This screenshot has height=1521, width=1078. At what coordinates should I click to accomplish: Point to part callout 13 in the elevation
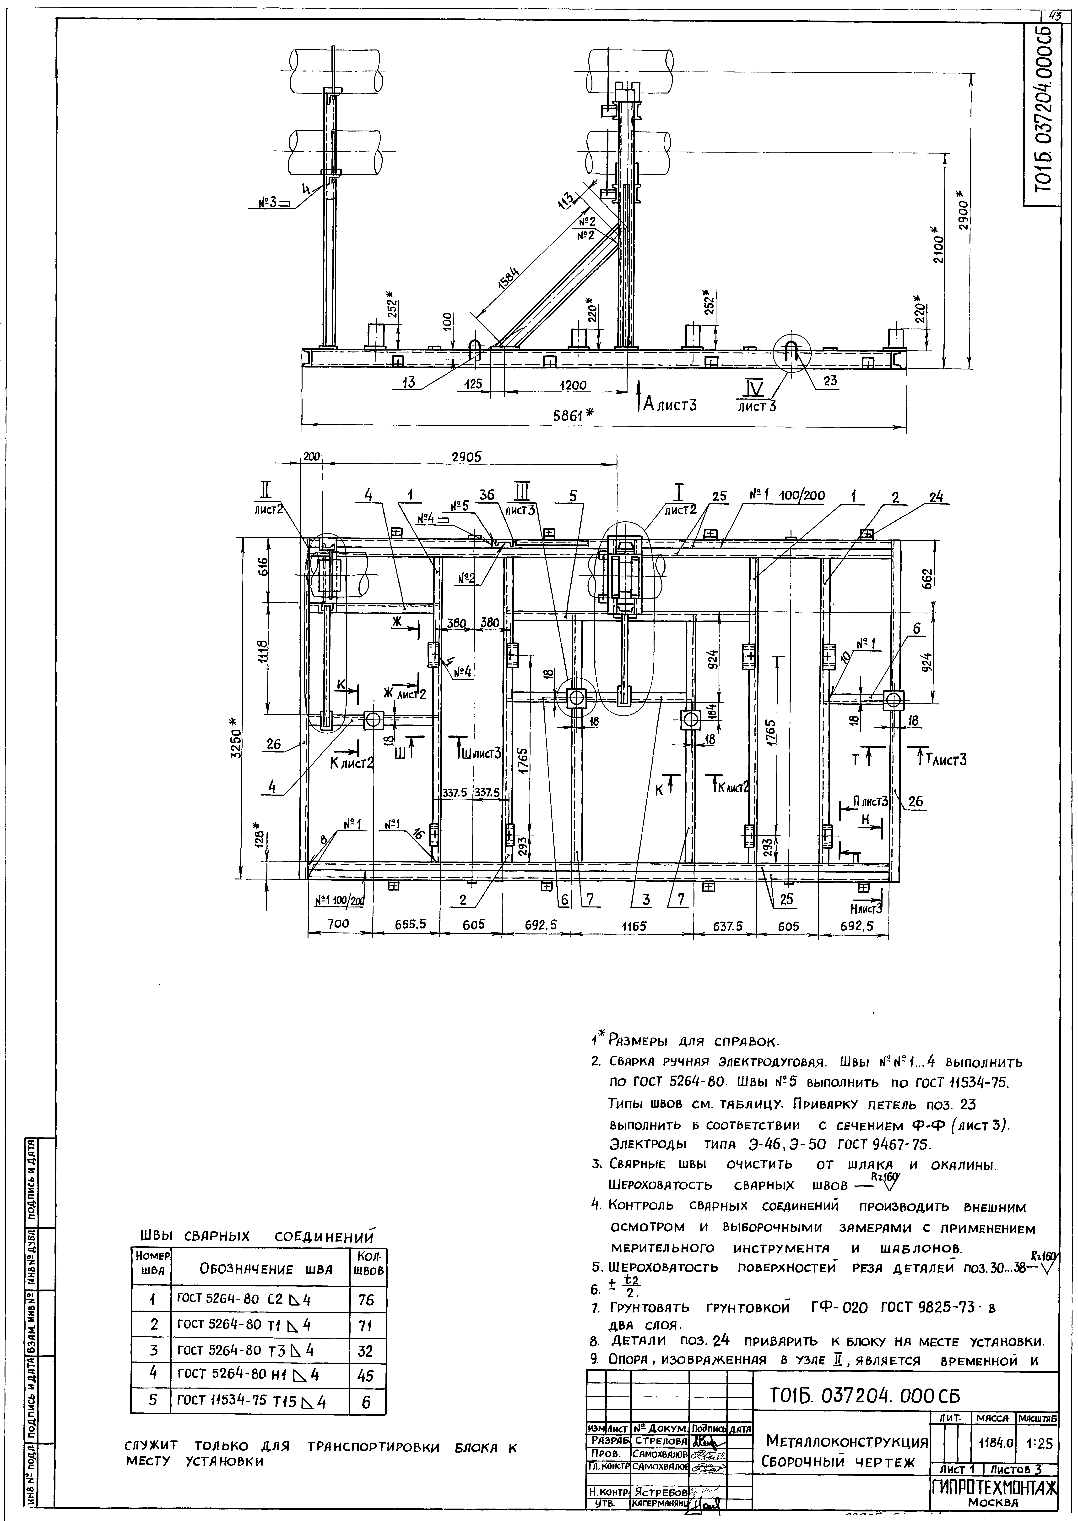[x=408, y=384]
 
